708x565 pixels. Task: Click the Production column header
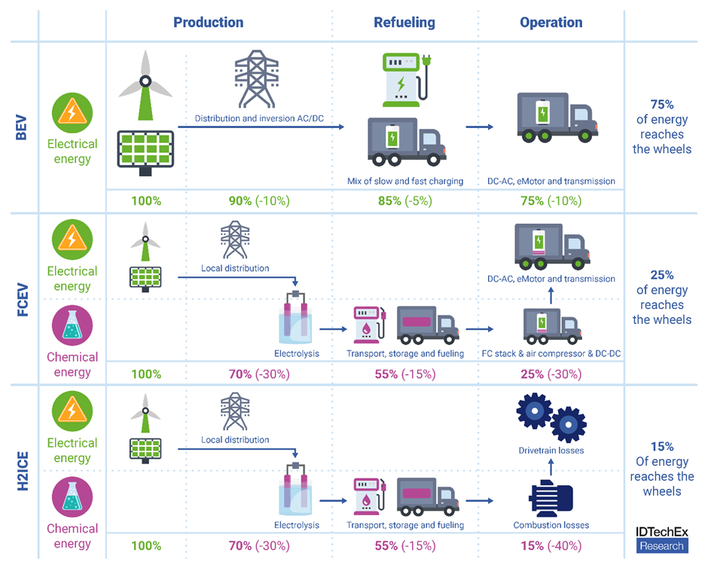[x=208, y=23]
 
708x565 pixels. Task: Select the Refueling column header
[x=404, y=23]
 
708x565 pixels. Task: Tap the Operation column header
[x=551, y=23]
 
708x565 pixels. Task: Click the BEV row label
[x=23, y=126]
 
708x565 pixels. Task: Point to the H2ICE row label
[x=23, y=470]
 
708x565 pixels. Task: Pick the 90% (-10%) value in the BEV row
[x=258, y=201]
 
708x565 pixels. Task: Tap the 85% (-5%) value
[x=404, y=201]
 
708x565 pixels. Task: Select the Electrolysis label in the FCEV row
[x=297, y=353]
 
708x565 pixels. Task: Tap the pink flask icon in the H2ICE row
[x=72, y=499]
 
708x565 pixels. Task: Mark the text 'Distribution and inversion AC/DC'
[x=258, y=118]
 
